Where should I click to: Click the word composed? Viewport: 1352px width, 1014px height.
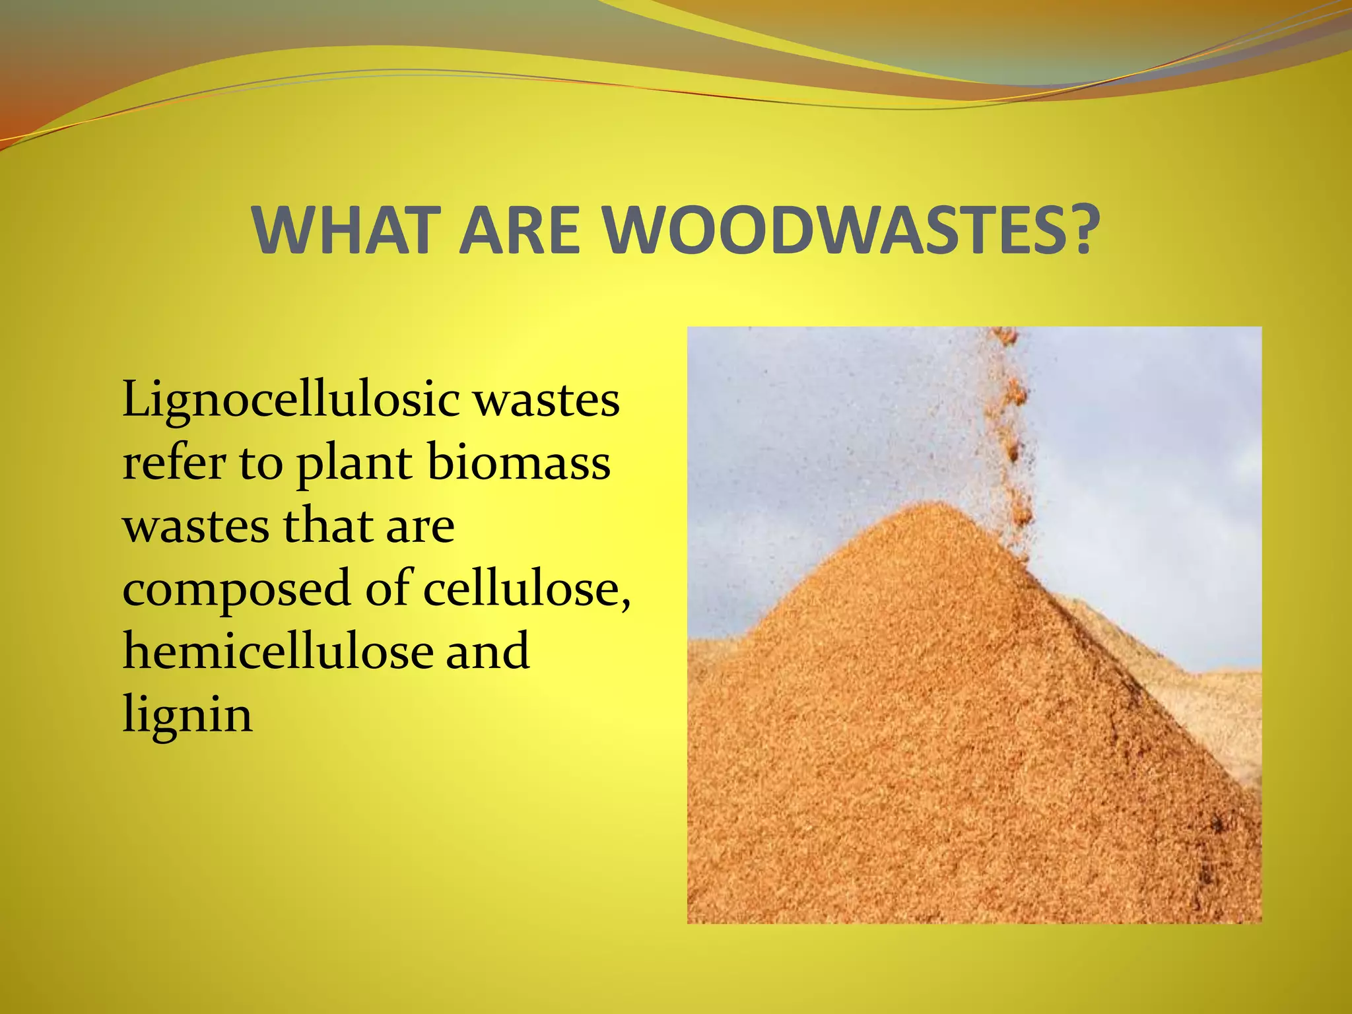coord(236,590)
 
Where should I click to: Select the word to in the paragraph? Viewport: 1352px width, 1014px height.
coord(260,463)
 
